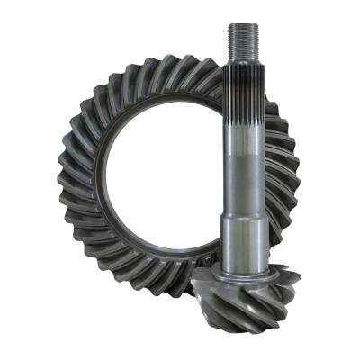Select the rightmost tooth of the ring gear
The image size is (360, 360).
click(293, 180)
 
